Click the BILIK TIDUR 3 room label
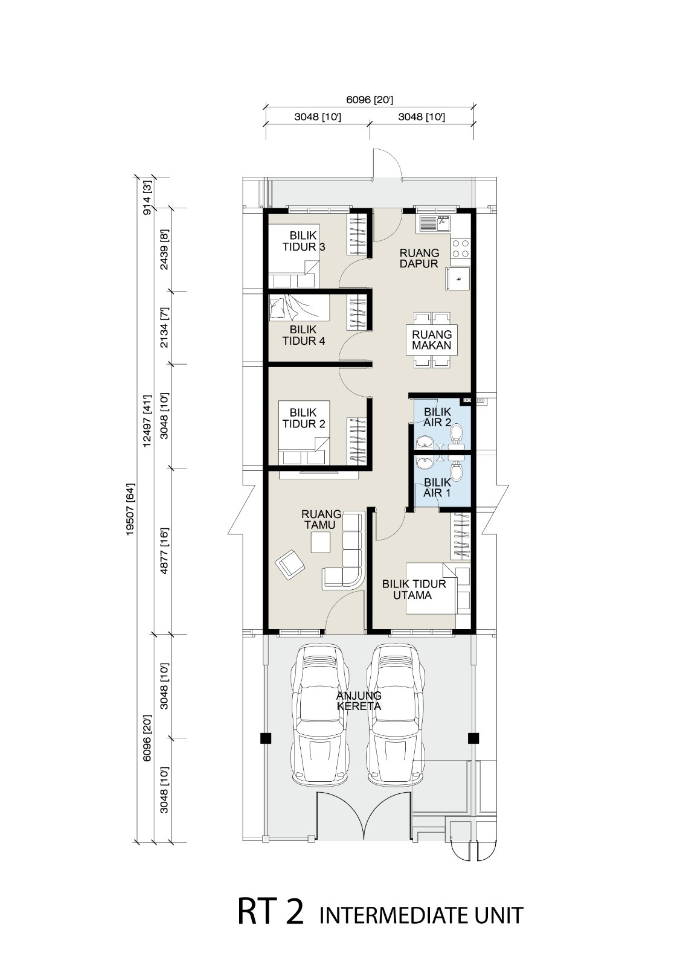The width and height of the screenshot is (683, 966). pos(304,241)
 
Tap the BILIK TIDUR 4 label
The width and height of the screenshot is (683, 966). pos(304,335)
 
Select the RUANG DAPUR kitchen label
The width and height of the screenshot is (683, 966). pos(419,258)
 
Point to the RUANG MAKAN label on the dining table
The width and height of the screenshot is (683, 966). pos(431,340)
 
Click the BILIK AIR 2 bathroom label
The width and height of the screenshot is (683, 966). pos(437,417)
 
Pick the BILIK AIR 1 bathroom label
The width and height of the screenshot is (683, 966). pos(437,487)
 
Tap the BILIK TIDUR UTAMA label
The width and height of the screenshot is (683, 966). pos(414,589)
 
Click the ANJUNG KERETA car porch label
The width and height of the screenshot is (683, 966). pos(359,701)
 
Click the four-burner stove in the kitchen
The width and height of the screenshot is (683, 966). pos(461,248)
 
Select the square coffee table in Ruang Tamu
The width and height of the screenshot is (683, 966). pos(321,542)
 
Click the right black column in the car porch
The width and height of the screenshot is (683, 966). pos(473,738)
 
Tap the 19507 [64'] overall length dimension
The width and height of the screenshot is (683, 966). pos(130,510)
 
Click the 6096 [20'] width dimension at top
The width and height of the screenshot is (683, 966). pos(370,100)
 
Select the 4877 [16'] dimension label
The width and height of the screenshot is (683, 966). pos(164,551)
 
